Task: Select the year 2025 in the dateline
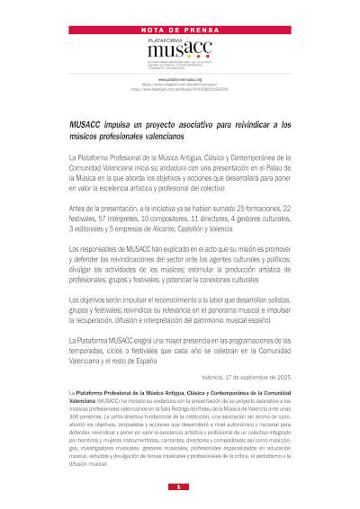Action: click(283, 376)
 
